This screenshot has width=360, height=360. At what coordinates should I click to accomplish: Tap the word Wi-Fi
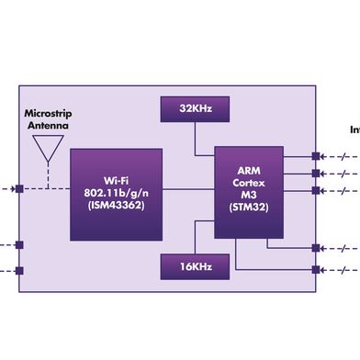tap(115, 181)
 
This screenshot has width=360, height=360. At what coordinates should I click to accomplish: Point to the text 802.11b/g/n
tap(115, 193)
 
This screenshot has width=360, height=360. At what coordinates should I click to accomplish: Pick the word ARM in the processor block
tap(249, 173)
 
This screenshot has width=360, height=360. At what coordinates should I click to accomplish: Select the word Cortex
tap(249, 185)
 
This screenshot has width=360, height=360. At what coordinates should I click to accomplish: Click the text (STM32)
tap(249, 208)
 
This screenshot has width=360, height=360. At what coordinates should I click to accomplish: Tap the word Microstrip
tap(48, 115)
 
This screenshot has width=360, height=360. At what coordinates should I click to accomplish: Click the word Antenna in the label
tap(48, 126)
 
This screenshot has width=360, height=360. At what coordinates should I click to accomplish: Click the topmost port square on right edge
tap(316, 156)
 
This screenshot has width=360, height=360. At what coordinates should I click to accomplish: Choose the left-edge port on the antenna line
tap(19, 190)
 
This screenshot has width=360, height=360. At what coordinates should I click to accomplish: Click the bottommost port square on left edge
tap(19, 270)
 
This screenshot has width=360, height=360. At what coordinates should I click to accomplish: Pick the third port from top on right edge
tap(316, 190)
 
